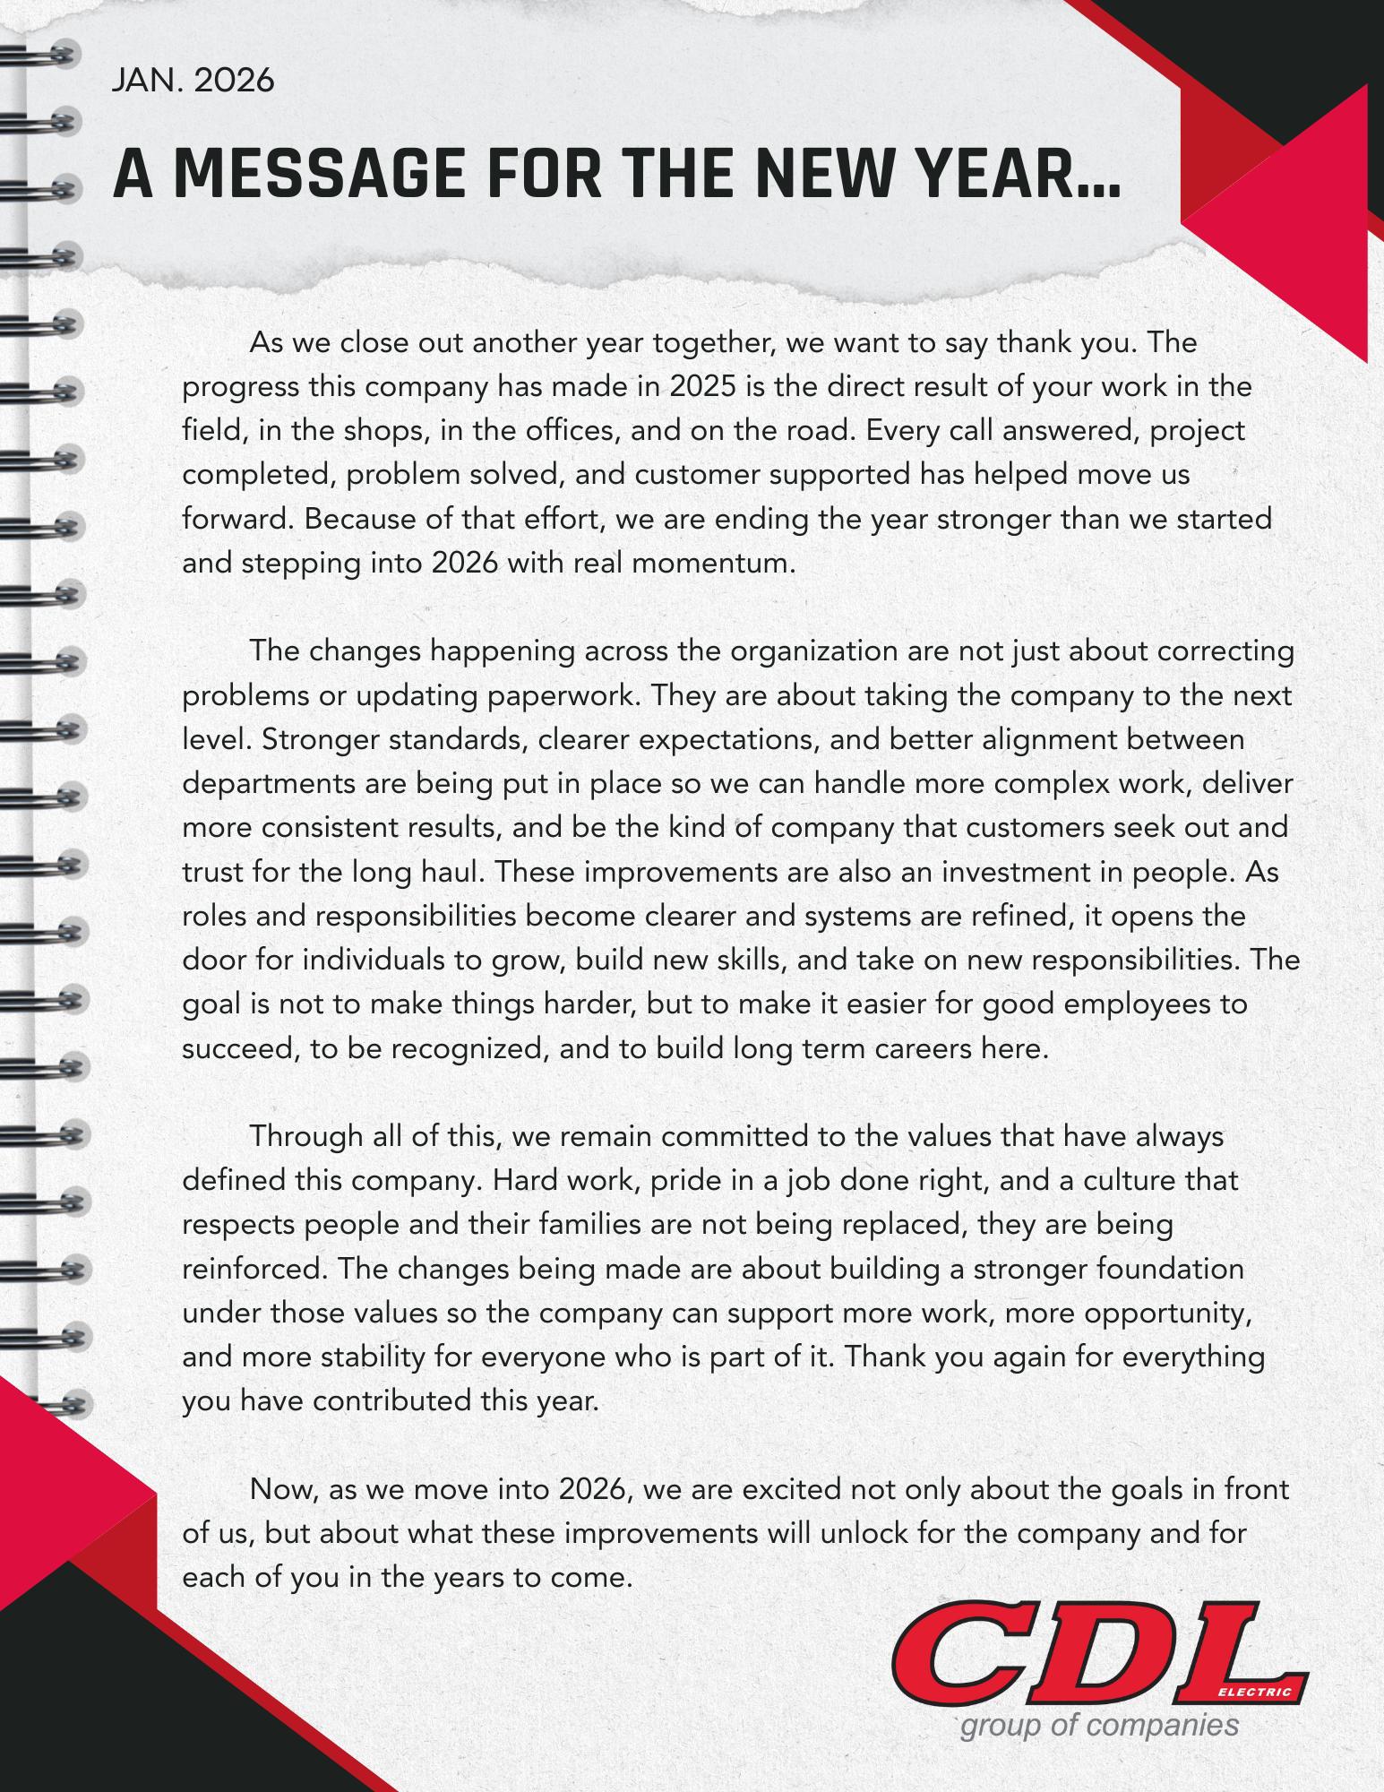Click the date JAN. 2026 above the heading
pos(193,81)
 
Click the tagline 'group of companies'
pos(1099,1726)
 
